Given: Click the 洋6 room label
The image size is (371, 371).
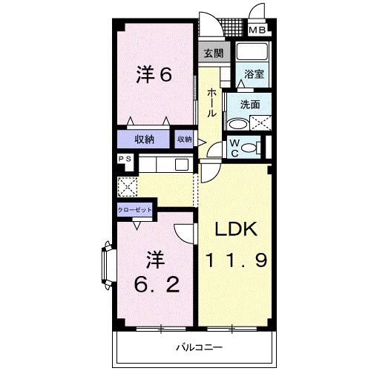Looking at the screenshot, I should (x=154, y=74).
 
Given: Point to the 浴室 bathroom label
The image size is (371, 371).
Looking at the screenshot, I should (x=253, y=74).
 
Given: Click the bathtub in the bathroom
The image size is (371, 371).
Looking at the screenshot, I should (x=253, y=53).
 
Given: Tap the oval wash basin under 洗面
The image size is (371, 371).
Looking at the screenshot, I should (x=237, y=125).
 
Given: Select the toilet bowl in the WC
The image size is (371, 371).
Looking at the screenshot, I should (x=250, y=148).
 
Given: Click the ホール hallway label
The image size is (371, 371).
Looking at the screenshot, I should (x=211, y=102).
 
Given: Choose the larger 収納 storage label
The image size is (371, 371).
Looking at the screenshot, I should (x=144, y=139).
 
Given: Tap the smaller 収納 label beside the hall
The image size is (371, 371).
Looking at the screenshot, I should (x=184, y=139).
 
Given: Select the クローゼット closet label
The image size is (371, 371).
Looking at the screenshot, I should (x=135, y=210).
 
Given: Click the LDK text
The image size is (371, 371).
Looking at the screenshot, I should (x=237, y=230).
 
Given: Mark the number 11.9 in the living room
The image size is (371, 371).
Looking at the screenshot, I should (x=237, y=260).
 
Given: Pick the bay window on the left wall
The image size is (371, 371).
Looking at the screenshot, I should (x=105, y=266).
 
